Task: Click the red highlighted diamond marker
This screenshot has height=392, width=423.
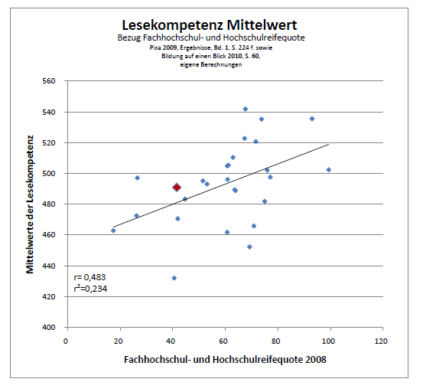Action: click(177, 188)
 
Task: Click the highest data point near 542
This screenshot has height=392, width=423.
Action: click(246, 109)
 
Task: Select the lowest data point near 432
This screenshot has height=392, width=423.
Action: click(174, 278)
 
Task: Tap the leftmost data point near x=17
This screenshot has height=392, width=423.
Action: click(113, 230)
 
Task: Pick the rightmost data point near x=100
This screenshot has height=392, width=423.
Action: click(329, 170)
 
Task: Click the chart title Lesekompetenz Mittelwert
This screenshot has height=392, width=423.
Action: click(210, 25)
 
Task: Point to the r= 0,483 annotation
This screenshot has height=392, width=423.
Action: click(89, 277)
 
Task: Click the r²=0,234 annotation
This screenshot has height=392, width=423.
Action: click(90, 289)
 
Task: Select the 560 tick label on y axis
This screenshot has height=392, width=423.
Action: click(49, 81)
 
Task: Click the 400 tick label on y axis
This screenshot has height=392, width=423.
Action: click(49, 328)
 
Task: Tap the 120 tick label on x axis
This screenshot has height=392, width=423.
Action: click(381, 341)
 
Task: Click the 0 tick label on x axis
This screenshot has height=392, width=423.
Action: click(66, 341)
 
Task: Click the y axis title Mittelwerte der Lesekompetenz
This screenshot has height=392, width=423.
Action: click(30, 204)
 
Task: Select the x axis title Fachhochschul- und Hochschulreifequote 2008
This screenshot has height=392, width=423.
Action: click(225, 360)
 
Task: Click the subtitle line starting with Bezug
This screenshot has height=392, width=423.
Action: click(211, 38)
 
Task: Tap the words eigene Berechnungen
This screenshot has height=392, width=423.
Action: click(211, 65)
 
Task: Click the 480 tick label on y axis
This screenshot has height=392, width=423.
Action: click(49, 204)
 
